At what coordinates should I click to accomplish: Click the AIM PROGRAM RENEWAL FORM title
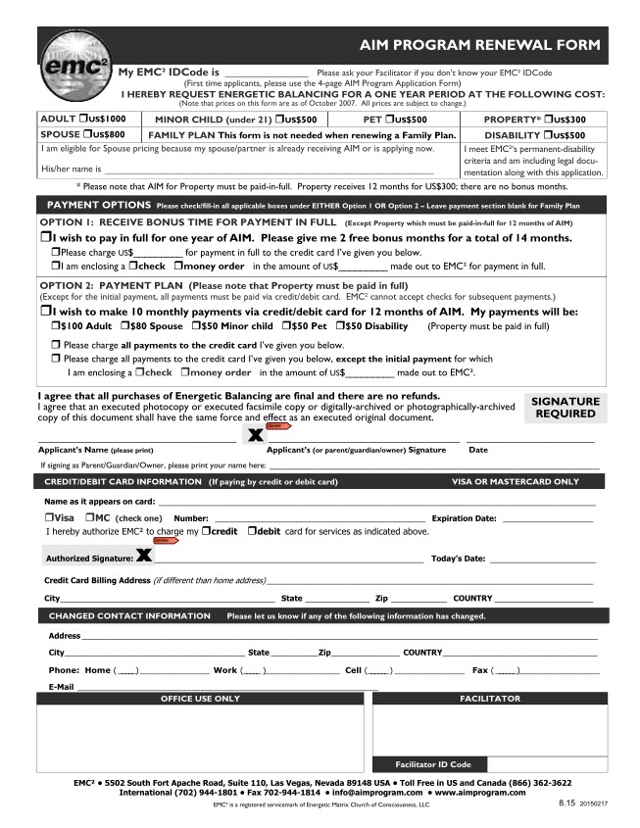[479, 45]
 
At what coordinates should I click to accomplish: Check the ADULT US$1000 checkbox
[86, 119]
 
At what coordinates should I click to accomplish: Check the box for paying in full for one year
[45, 238]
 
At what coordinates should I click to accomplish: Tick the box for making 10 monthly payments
[45, 311]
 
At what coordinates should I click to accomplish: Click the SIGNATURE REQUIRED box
[566, 408]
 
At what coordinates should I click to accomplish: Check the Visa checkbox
[49, 517]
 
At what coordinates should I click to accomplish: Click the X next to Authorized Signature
[144, 557]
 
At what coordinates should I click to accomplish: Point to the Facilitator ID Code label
[433, 764]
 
